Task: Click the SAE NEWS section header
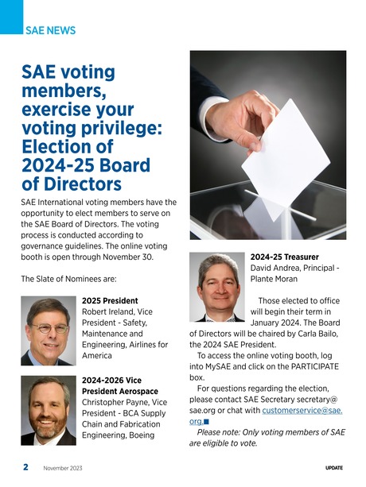tap(50, 30)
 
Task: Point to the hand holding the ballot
tap(247, 118)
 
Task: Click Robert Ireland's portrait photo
tap(48, 330)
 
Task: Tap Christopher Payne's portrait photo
tap(48, 410)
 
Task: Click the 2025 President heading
tap(110, 301)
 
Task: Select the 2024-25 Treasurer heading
tap(284, 257)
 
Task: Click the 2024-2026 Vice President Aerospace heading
tap(119, 385)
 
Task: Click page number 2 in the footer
tap(25, 467)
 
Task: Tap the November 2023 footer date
tap(63, 468)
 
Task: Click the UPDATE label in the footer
tap(334, 468)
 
